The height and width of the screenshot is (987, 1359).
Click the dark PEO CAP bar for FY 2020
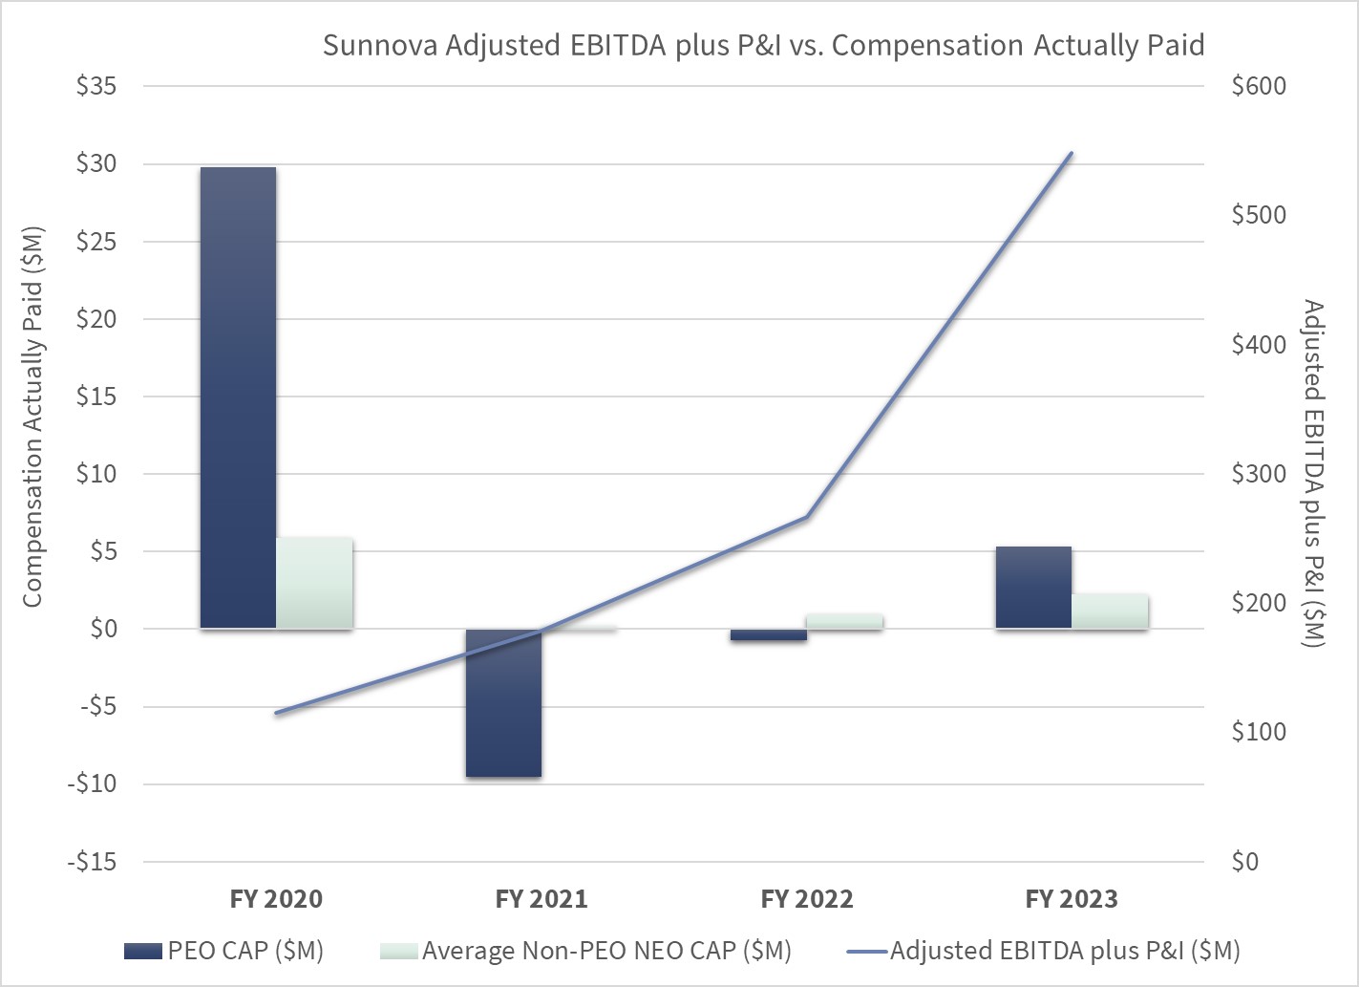click(238, 397)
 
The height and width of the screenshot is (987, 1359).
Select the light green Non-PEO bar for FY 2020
click(314, 583)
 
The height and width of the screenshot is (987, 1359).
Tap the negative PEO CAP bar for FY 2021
click(503, 702)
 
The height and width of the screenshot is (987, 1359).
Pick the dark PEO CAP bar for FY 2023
click(1033, 588)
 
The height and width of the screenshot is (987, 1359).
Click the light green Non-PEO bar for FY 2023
click(1110, 612)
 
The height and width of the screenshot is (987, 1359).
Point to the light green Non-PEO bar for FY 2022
click(844, 621)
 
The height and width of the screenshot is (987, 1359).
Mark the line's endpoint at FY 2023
click(1072, 153)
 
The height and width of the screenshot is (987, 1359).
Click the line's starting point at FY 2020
click(276, 713)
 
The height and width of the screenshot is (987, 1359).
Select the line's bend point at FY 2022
click(807, 517)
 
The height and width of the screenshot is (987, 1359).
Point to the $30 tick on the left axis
click(96, 163)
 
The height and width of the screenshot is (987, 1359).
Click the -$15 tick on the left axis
click(92, 862)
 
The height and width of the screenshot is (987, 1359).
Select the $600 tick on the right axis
click(1259, 86)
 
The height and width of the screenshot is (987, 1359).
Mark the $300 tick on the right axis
click(1259, 474)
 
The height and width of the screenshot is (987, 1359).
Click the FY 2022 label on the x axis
click(807, 899)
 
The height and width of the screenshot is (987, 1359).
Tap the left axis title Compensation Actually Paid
click(32, 417)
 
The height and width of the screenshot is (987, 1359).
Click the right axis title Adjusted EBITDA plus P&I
click(1313, 473)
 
